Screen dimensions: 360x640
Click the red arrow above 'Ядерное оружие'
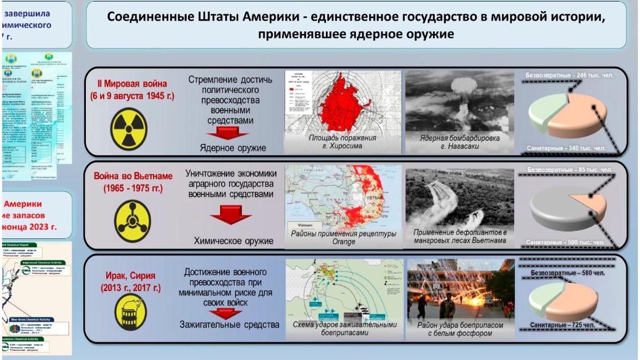click(x=229, y=133)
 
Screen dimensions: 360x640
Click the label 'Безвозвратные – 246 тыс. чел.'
click(x=569, y=75)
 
